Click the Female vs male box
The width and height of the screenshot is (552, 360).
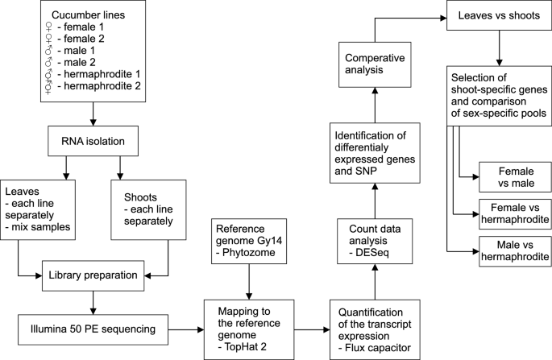(x=513, y=177)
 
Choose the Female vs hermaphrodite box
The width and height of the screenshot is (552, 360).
(x=513, y=212)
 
